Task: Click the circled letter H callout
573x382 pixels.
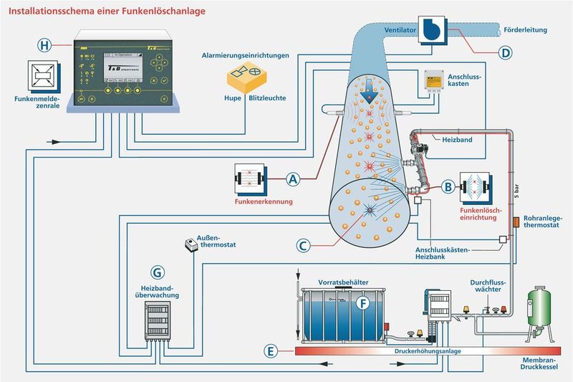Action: tap(45, 45)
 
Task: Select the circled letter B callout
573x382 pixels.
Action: tap(448, 187)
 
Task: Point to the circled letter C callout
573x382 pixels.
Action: tap(304, 245)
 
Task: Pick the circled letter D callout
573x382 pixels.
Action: tap(506, 52)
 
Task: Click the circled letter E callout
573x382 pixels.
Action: tap(270, 351)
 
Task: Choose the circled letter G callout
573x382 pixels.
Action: tap(158, 272)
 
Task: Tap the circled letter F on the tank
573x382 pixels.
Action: tap(363, 303)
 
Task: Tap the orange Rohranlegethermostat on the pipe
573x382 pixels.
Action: tap(514, 219)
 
